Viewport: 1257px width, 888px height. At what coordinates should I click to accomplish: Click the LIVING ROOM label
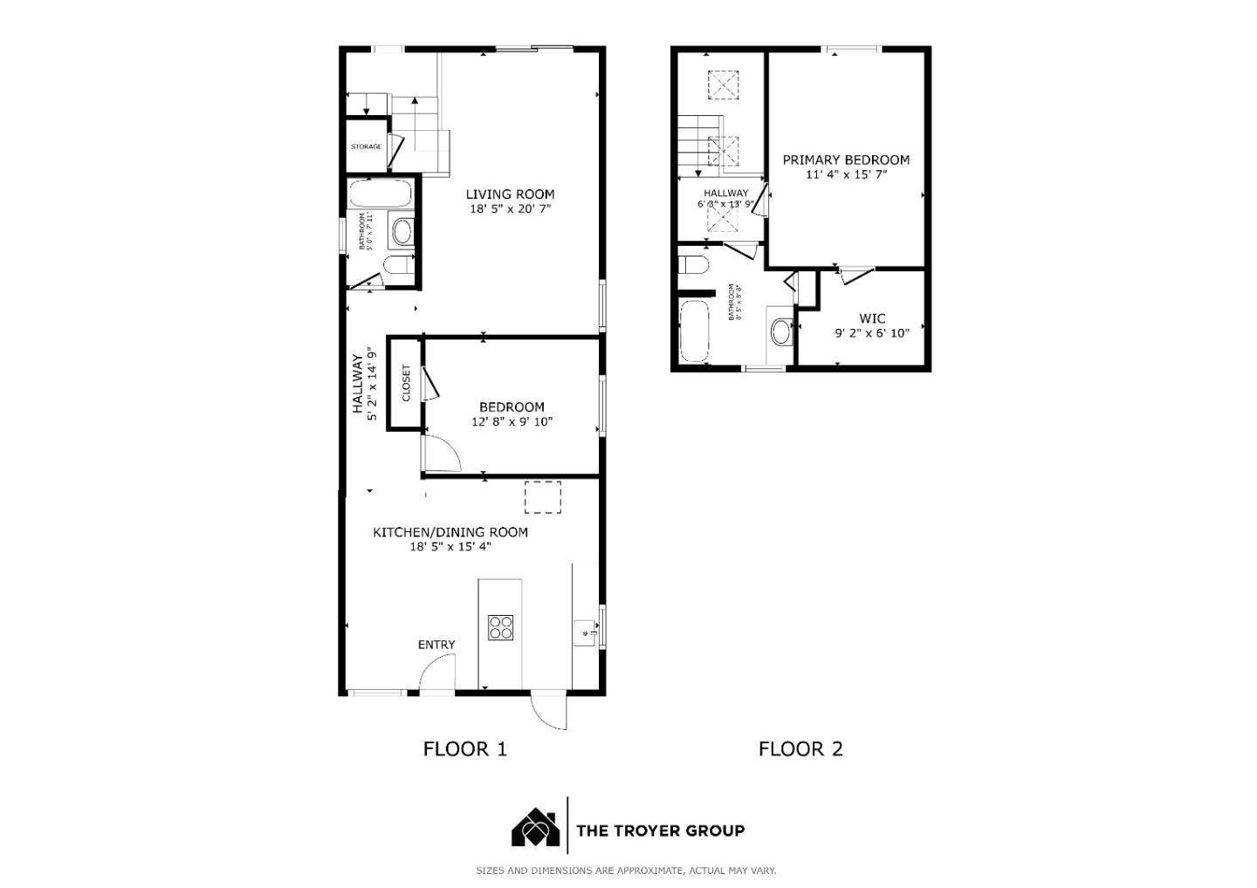pos(510,195)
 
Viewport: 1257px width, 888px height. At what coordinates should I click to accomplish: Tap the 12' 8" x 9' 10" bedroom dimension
pos(512,422)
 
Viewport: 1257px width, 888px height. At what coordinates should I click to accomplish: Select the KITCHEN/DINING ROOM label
pos(450,532)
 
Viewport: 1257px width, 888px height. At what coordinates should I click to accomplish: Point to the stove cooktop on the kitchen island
pos(500,628)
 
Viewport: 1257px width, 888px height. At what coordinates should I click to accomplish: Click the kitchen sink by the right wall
pos(585,632)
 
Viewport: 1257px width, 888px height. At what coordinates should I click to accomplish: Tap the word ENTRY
pos(436,645)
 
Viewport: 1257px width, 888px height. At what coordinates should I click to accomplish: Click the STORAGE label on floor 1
pos(366,147)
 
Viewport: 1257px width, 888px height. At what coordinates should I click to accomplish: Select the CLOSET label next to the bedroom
pos(406,383)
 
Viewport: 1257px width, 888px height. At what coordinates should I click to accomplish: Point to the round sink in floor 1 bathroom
pos(402,232)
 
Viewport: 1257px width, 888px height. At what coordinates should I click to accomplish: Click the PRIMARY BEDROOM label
pos(846,161)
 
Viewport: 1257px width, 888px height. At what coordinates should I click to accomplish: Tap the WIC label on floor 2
pos(872,318)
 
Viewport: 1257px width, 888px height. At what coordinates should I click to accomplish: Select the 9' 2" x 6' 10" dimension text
pos(872,333)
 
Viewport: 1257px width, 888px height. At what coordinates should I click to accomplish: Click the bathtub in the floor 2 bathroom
pos(696,331)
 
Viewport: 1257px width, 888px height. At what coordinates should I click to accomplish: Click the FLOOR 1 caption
pos(464,748)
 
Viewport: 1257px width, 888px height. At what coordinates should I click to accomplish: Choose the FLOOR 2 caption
pos(800,748)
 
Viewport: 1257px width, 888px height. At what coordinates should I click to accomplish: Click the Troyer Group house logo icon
pos(535,828)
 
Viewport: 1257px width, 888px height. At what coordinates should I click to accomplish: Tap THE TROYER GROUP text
pos(660,830)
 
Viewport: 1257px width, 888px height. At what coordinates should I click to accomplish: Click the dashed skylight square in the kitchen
pos(542,497)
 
